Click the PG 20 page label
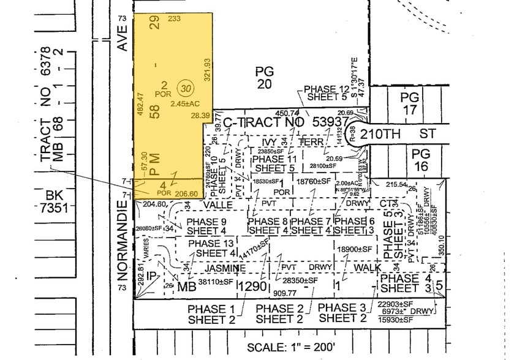tap(264, 78)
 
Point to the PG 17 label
tap(409, 103)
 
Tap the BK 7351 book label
tap(59, 203)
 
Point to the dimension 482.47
tap(140, 105)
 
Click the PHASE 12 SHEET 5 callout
tap(329, 93)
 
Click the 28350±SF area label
tap(300, 280)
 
